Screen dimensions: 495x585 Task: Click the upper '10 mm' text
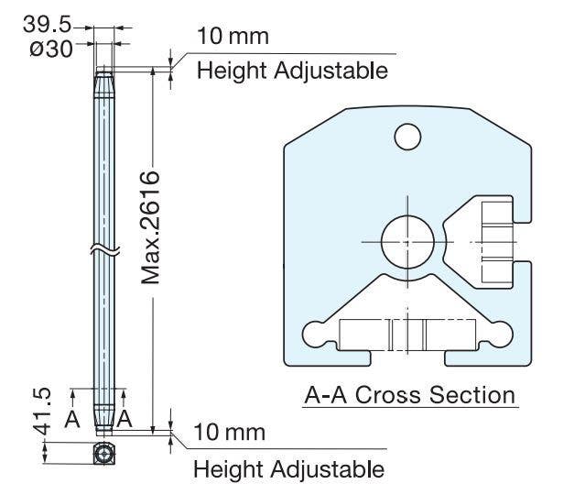[x=233, y=37]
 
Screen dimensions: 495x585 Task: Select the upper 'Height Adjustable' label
[x=292, y=70]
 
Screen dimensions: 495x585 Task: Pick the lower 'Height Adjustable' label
[x=288, y=469]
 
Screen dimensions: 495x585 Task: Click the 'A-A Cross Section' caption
[x=409, y=396]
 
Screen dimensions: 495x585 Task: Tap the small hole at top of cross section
[x=407, y=137]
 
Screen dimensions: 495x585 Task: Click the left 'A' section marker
[x=72, y=418]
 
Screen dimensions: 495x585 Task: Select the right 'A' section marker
[x=125, y=418]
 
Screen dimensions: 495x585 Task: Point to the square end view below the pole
[x=106, y=452]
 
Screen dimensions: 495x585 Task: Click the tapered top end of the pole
[x=106, y=83]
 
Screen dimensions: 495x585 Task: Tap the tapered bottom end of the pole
[x=106, y=417]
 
